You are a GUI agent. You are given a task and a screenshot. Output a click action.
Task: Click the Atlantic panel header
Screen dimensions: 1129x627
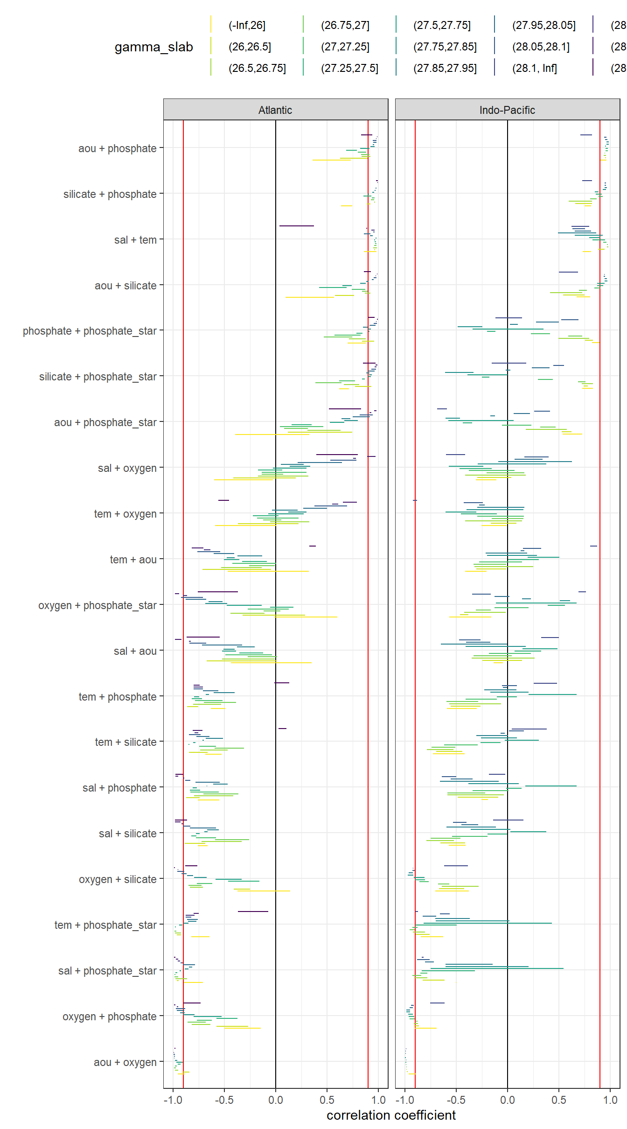(x=275, y=110)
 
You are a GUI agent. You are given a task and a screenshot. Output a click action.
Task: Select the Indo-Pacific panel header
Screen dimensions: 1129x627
(x=507, y=110)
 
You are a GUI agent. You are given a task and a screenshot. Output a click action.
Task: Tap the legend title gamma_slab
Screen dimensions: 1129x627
(x=153, y=47)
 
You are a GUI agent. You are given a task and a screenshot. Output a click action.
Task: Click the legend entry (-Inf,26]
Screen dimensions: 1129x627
(x=247, y=26)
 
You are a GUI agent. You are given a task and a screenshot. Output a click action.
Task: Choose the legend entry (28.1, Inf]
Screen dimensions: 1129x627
(x=534, y=69)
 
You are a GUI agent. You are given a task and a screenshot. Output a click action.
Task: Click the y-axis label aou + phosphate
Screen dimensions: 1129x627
(x=117, y=148)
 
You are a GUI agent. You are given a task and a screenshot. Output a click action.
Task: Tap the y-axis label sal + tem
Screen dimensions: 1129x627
(x=135, y=240)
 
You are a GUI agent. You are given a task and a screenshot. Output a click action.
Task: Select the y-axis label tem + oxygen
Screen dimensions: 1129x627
(x=125, y=514)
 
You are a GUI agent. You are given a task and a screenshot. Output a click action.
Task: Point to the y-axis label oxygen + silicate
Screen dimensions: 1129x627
(x=118, y=879)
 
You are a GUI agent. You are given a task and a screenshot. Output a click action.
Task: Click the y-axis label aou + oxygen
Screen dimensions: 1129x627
(x=125, y=1062)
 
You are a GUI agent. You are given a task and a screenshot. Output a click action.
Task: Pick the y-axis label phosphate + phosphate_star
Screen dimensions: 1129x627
(x=90, y=331)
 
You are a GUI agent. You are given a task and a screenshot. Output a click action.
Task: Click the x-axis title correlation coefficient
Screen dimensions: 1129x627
(x=391, y=1115)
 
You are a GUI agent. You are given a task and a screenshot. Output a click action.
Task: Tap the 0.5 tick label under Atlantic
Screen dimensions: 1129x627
(x=327, y=1100)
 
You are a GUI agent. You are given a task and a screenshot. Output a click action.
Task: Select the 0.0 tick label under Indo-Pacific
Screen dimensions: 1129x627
(x=507, y=1100)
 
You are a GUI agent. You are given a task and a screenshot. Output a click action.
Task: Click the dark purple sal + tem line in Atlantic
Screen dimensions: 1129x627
(x=296, y=226)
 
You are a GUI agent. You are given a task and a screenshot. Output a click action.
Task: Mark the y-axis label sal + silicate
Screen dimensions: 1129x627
(x=127, y=834)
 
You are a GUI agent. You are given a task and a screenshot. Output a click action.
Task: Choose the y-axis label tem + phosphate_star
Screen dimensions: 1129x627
(x=105, y=925)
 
